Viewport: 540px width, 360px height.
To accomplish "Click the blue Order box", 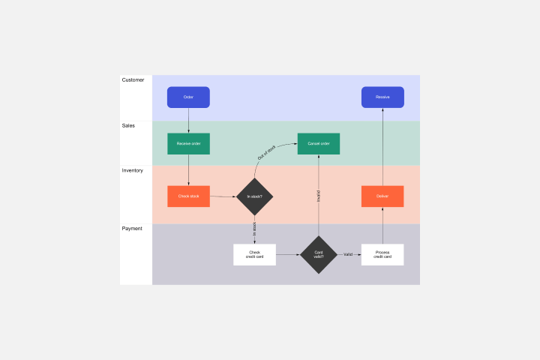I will click(188, 97).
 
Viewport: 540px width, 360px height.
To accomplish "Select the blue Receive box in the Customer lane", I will click(382, 97).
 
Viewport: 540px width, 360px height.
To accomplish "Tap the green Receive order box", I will click(188, 143).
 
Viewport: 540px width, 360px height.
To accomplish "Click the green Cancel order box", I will click(319, 143).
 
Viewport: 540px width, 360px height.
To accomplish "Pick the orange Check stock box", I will click(188, 196).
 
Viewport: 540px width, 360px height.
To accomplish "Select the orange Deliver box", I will click(382, 196).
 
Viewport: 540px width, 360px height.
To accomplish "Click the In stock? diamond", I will click(254, 196).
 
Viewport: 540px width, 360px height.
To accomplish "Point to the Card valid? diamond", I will click(319, 254).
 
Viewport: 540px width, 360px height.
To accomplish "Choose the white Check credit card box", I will click(254, 254).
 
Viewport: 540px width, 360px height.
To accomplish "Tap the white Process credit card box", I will click(382, 254).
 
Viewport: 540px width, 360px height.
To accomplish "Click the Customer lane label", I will click(133, 79).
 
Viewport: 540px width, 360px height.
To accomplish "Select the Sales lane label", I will click(129, 125).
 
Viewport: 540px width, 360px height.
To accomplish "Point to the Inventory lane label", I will click(133, 170).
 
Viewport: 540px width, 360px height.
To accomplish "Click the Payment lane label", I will click(132, 228).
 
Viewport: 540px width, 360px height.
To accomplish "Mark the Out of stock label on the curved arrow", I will click(267, 154).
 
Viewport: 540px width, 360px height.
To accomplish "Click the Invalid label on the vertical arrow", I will click(319, 196).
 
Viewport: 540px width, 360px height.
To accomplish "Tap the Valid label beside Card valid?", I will click(348, 254).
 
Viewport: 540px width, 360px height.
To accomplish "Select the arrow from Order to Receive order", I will click(188, 120).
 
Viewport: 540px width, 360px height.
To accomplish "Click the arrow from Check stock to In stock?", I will click(223, 196).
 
